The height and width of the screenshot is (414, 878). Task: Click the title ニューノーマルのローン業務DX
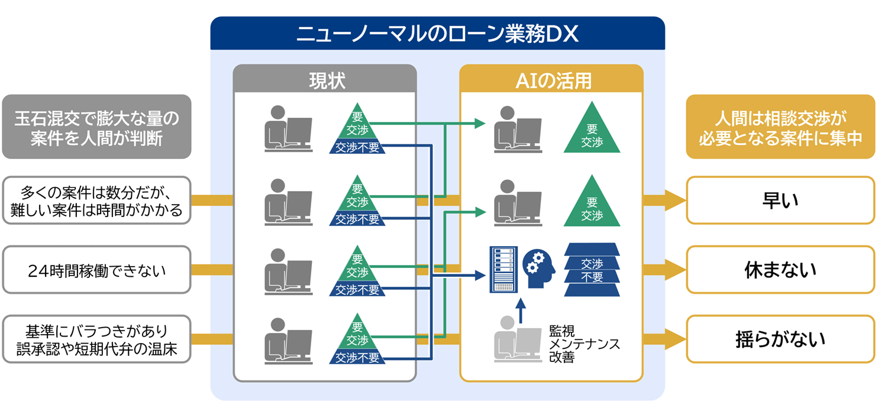(437, 34)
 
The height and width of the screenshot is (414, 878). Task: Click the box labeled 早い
(780, 200)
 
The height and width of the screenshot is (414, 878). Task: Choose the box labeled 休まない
(780, 270)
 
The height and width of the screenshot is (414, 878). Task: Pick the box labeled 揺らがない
(780, 339)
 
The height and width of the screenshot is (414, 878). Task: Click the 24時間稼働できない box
(96, 270)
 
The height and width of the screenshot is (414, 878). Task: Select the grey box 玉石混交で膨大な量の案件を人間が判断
(96, 127)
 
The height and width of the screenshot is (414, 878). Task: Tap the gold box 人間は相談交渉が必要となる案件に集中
(780, 127)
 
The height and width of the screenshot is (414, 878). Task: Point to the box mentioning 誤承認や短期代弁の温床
(96, 339)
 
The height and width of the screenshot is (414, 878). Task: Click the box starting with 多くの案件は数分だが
(96, 200)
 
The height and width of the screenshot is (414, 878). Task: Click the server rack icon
(503, 270)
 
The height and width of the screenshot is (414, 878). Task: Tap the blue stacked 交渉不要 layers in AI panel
(592, 270)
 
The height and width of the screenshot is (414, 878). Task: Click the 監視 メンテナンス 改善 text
(584, 344)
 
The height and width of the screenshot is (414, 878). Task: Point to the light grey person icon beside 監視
(517, 339)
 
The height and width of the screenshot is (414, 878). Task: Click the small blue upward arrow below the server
(521, 310)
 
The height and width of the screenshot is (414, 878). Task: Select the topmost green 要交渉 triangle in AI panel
(592, 127)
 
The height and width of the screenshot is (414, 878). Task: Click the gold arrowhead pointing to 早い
(675, 200)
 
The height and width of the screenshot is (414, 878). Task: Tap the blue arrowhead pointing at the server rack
(480, 276)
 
